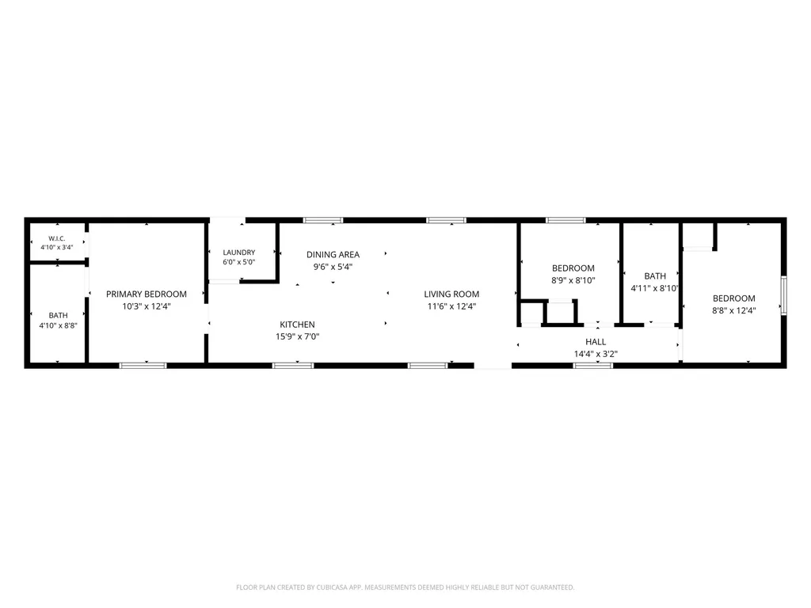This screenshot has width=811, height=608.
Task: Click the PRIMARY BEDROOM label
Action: point(147,294)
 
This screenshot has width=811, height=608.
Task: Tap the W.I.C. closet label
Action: point(57,238)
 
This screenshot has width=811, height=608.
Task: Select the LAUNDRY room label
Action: point(239,253)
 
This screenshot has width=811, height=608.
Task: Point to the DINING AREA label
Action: point(333,254)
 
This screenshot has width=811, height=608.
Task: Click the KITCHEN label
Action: point(298,325)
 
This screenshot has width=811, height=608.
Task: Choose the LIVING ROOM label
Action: point(451,294)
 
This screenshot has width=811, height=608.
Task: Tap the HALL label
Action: point(596,342)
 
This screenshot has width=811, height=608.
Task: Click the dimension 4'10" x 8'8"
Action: point(59,325)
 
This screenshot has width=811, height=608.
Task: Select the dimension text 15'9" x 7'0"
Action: point(298,336)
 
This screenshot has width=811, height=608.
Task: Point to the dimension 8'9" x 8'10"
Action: point(573,280)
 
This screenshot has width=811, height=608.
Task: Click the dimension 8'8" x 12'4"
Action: point(734,310)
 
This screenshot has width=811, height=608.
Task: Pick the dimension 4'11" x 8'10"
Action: point(655,288)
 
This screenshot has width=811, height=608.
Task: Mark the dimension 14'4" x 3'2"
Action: point(596,354)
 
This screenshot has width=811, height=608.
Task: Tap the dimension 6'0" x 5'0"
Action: point(239,262)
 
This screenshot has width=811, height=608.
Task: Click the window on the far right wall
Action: point(783,295)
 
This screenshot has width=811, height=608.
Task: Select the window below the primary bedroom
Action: point(143,366)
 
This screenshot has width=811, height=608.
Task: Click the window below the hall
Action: point(592,366)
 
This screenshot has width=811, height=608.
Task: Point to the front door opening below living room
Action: point(493,366)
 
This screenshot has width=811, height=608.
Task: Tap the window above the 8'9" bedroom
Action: point(565,220)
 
